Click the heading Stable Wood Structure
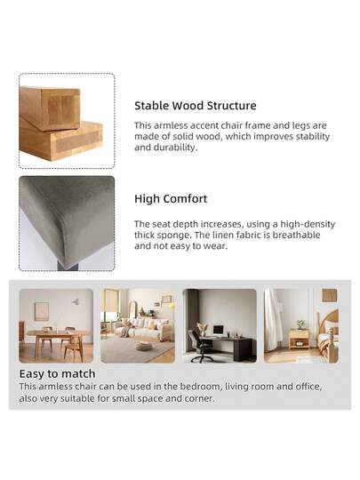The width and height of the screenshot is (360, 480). [195, 106]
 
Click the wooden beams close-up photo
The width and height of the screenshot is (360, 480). [67, 121]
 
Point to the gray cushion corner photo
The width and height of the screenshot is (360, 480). [67, 222]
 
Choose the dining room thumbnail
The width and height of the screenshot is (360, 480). [56, 325]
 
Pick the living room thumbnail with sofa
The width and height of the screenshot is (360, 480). [137, 325]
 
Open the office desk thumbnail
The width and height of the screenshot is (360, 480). [220, 325]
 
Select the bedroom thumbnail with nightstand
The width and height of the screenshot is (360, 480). [300, 325]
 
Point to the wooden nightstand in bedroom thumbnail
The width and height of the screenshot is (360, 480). [300, 337]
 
